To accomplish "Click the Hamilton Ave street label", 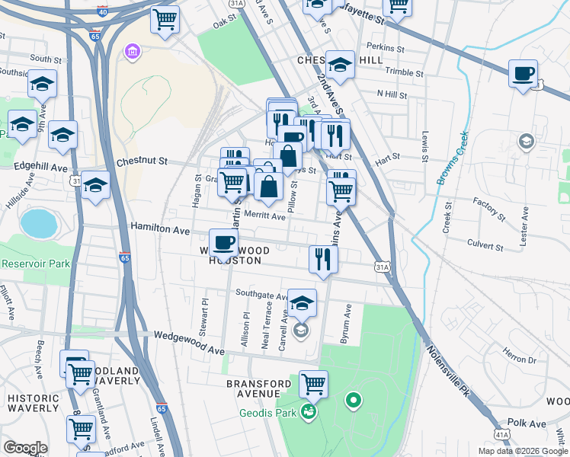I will [159, 228].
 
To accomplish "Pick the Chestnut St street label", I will [141, 161].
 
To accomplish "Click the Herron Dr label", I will [520, 355].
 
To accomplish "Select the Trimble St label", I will [405, 73].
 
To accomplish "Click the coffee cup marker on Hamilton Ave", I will [223, 243].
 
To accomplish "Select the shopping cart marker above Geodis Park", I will [313, 385].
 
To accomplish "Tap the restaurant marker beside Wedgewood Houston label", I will [324, 259].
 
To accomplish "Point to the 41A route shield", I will [501, 434].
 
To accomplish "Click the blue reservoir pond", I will [39, 223].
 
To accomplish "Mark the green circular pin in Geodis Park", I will [353, 399].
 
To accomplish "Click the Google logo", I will [25, 448].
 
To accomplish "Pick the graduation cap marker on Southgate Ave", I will [302, 303].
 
